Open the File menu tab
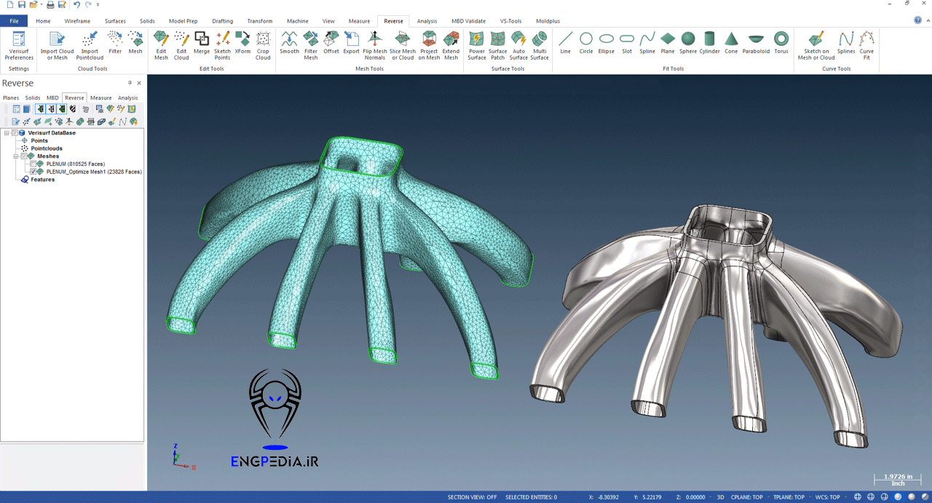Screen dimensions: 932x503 pyautogui.click(x=14, y=21)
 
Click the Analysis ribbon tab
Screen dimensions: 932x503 pyautogui.click(x=427, y=21)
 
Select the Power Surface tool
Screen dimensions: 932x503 pyautogui.click(x=476, y=45)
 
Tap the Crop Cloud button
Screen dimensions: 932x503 pyautogui.click(x=263, y=45)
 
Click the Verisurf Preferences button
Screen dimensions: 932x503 pyautogui.click(x=19, y=45)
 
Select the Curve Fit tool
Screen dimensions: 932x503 pyautogui.click(x=866, y=45)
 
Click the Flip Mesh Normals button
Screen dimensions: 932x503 pyautogui.click(x=374, y=45)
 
